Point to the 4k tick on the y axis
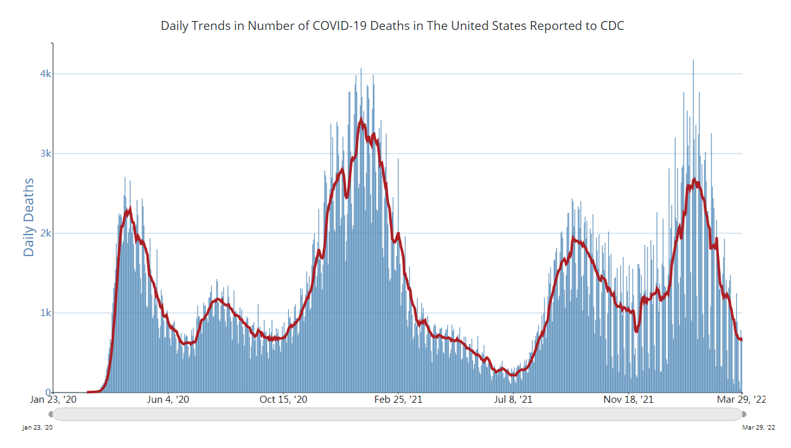point(45,74)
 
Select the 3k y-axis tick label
point(45,154)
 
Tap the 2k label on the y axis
point(45,233)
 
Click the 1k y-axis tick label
point(45,313)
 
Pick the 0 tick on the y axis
point(48,393)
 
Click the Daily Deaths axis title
point(29,217)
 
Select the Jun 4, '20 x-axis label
point(168,400)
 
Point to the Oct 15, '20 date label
point(284,400)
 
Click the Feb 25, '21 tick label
point(398,400)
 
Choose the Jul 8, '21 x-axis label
point(513,400)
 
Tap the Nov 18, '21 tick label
point(628,400)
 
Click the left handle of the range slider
point(51,414)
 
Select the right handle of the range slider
point(743,414)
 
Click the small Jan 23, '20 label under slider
point(38,428)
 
